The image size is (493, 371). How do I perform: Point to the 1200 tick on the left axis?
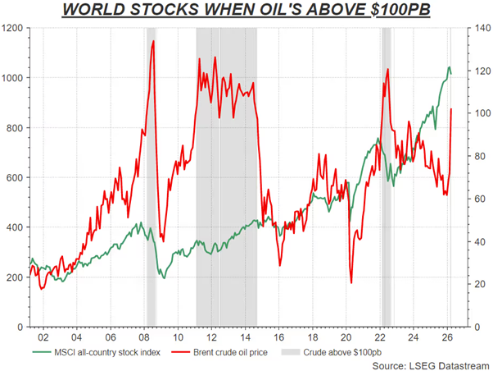click(12, 28)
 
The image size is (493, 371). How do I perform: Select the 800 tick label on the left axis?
click(15, 128)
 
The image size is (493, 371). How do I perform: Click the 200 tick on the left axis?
click(15, 277)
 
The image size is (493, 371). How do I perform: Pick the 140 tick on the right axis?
click(478, 28)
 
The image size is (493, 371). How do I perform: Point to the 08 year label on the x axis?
click(143, 336)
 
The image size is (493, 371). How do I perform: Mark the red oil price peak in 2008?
click(153, 41)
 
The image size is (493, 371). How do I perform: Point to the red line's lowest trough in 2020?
click(351, 283)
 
